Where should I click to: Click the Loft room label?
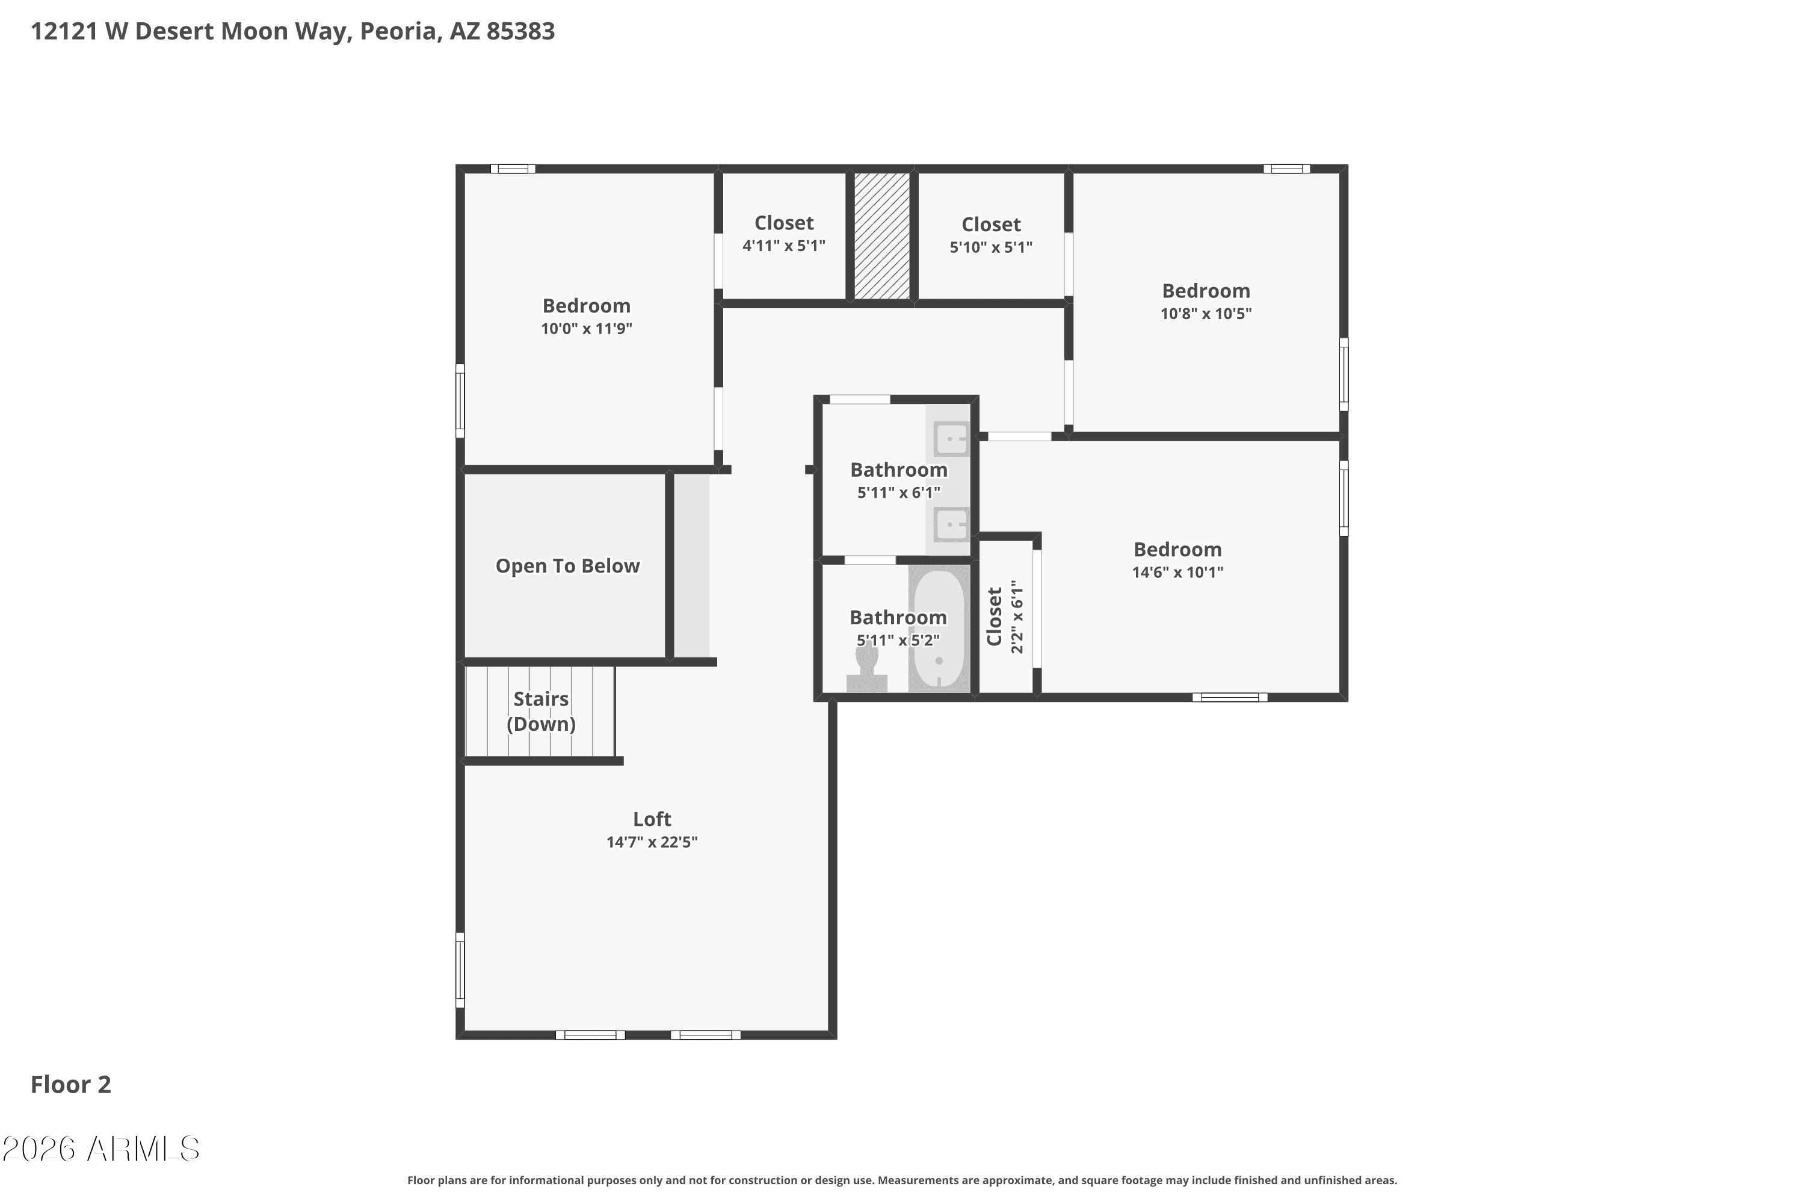click(652, 819)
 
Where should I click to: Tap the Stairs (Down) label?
click(541, 711)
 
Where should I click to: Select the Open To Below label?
click(567, 566)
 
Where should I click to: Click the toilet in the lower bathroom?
click(867, 668)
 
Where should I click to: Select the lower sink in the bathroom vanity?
click(952, 524)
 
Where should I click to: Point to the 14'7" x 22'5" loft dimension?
click(652, 842)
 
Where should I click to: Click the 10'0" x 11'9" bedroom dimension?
click(586, 329)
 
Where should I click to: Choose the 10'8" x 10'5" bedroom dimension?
click(1206, 313)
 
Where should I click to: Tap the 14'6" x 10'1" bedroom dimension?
click(1177, 572)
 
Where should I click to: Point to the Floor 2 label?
click(70, 1084)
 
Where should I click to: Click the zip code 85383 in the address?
click(520, 31)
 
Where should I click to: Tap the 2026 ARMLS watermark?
click(100, 1149)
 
